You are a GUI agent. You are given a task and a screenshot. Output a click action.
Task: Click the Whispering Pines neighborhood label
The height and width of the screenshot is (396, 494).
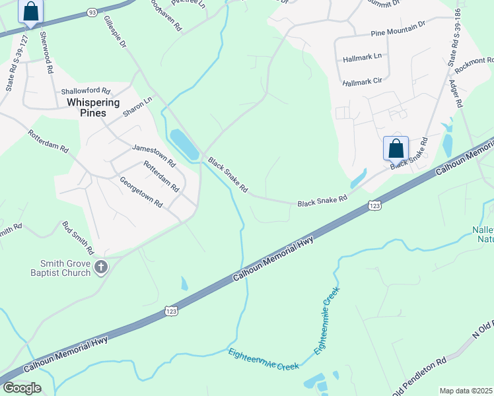point(93,108)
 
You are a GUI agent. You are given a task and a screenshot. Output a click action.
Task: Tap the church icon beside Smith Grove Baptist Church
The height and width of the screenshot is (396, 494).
point(100,267)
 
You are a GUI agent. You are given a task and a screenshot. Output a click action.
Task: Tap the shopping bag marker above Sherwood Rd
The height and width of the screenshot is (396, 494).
point(30,11)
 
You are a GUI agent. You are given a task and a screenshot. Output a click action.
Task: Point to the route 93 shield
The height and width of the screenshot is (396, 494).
point(92,13)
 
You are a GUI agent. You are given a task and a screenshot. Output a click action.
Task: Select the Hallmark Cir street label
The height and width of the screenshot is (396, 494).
point(363,82)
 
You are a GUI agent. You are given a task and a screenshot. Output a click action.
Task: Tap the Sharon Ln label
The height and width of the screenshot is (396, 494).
point(137,108)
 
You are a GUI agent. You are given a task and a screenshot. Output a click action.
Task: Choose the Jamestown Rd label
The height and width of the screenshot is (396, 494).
point(154,155)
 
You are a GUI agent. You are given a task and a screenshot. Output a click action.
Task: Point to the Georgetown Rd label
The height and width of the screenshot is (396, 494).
point(141,192)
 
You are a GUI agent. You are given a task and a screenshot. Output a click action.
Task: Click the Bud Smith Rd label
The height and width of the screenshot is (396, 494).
point(78,238)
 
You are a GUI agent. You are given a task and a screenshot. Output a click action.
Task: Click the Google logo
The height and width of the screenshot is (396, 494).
point(22,388)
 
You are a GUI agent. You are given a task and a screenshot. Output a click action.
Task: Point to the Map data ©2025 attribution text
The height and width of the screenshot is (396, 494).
point(466,391)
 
